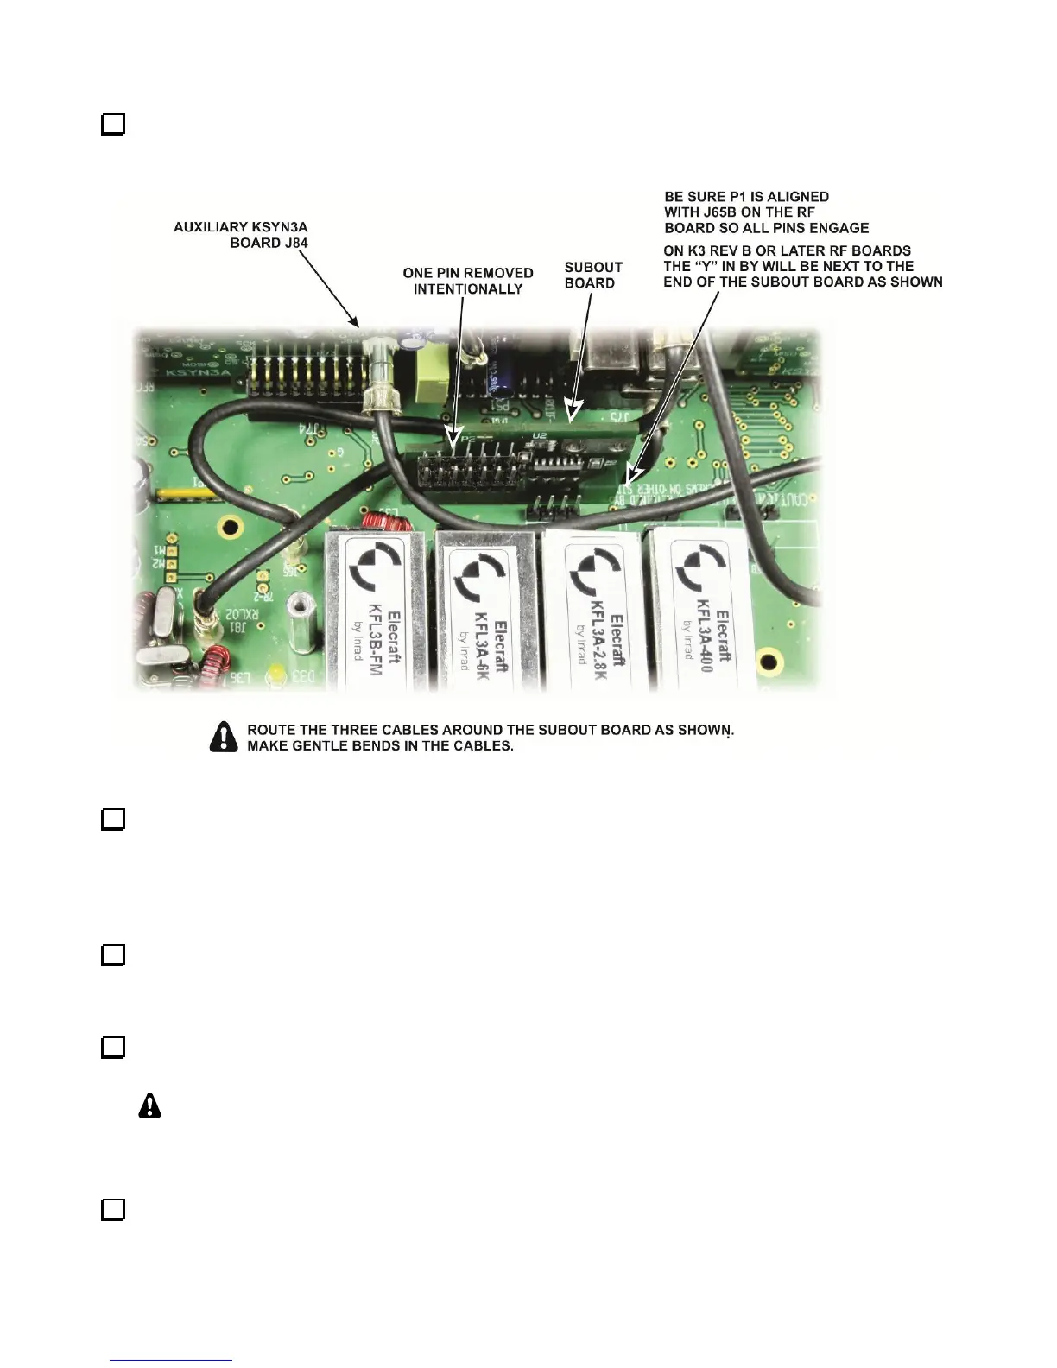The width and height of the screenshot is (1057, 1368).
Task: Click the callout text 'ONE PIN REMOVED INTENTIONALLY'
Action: (468, 281)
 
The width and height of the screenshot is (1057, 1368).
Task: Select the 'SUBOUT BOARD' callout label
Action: (593, 275)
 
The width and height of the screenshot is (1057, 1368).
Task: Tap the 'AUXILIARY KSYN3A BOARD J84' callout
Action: (241, 235)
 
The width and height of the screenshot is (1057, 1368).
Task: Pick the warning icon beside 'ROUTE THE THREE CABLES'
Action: (224, 737)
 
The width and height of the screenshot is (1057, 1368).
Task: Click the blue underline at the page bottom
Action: (171, 1361)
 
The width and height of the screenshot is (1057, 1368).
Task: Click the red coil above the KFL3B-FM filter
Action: (377, 522)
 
